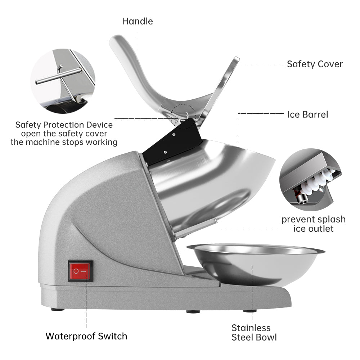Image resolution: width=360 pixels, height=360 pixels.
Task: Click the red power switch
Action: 80,271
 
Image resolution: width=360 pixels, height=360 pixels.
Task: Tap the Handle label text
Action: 137,21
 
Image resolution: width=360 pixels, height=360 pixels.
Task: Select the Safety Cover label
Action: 315,64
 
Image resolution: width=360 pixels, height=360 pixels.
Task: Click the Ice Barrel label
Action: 308,114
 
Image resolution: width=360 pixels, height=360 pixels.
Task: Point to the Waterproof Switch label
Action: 86,336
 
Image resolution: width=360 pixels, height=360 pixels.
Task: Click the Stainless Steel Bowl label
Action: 254,332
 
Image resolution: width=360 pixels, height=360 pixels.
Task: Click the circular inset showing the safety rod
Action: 63,81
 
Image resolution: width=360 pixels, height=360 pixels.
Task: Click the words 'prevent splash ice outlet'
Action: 313,224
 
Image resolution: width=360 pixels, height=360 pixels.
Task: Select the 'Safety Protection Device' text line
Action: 64,125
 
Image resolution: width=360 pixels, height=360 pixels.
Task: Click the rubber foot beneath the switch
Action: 58,309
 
